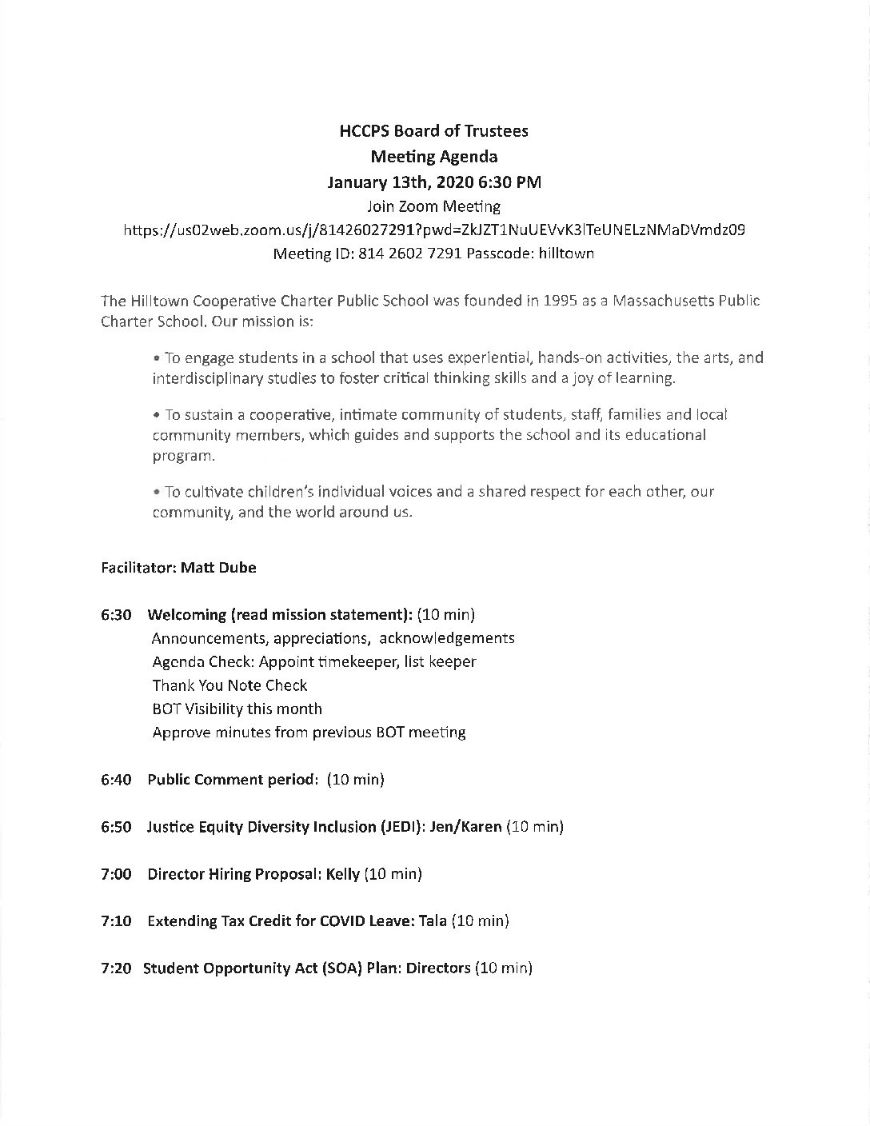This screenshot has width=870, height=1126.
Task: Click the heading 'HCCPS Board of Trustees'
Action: [x=434, y=131]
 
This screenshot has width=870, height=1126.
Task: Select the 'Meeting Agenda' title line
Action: [x=434, y=156]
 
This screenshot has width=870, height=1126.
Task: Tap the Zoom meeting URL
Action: [x=434, y=230]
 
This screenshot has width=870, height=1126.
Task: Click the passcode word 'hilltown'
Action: [x=565, y=254]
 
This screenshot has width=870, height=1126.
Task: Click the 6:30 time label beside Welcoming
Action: [x=117, y=615]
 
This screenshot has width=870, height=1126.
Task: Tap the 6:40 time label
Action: [x=117, y=780]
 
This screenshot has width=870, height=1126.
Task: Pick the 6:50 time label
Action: [x=117, y=827]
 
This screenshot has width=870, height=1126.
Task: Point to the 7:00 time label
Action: [x=117, y=874]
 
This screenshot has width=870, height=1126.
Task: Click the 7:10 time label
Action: [x=117, y=921]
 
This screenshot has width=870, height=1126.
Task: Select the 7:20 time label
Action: [x=117, y=968]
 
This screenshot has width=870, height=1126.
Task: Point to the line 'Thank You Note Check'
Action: [x=229, y=685]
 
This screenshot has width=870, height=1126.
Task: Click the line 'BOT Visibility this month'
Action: [x=237, y=709]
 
